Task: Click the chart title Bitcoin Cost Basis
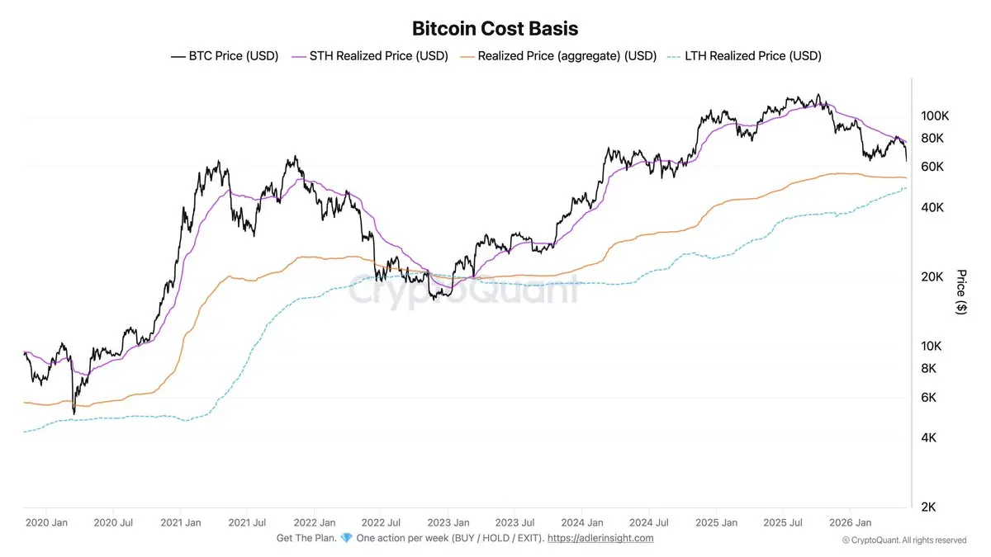[x=495, y=29]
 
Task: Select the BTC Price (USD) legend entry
[x=225, y=56]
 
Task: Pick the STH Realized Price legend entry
[x=370, y=56]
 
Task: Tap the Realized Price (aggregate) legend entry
[x=558, y=56]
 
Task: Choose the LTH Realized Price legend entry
[x=744, y=56]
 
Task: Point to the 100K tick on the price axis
[x=935, y=116]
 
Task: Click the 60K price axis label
[x=932, y=167]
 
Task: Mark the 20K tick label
[x=932, y=277]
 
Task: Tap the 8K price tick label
[x=928, y=368]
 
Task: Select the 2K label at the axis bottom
[x=928, y=507]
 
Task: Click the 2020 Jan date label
[x=46, y=523]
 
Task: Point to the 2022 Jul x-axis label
[x=381, y=523]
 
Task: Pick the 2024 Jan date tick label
[x=582, y=523]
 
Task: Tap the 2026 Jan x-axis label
[x=851, y=523]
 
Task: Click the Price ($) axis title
[x=961, y=292]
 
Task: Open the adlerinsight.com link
[x=600, y=538]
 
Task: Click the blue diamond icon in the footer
[x=346, y=538]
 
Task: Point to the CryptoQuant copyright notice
[x=904, y=540]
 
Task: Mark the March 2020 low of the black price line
[x=73, y=413]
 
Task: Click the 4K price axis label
[x=928, y=437]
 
